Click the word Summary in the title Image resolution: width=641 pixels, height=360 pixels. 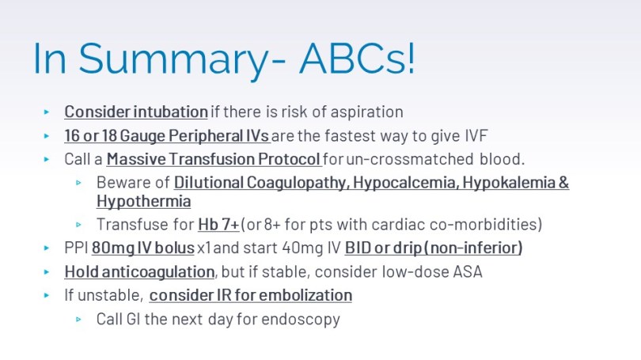(x=174, y=59)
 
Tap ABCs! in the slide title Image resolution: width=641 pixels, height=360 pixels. (x=357, y=58)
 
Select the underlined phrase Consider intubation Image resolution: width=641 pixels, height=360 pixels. (x=136, y=112)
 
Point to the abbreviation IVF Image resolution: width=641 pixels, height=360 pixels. (x=476, y=135)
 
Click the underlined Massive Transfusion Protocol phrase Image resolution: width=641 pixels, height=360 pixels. (x=214, y=159)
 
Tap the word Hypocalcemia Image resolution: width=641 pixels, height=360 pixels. (x=405, y=183)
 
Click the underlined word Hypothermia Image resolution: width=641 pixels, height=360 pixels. (x=144, y=202)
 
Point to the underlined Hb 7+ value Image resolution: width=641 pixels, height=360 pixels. (x=218, y=225)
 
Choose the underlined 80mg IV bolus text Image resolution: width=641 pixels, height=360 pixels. (x=143, y=248)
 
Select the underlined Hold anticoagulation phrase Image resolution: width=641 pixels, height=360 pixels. (x=139, y=271)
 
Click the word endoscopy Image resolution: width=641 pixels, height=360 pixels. (x=301, y=320)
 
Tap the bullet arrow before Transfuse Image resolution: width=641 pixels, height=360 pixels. (x=78, y=225)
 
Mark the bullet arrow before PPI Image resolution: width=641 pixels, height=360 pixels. (x=47, y=248)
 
